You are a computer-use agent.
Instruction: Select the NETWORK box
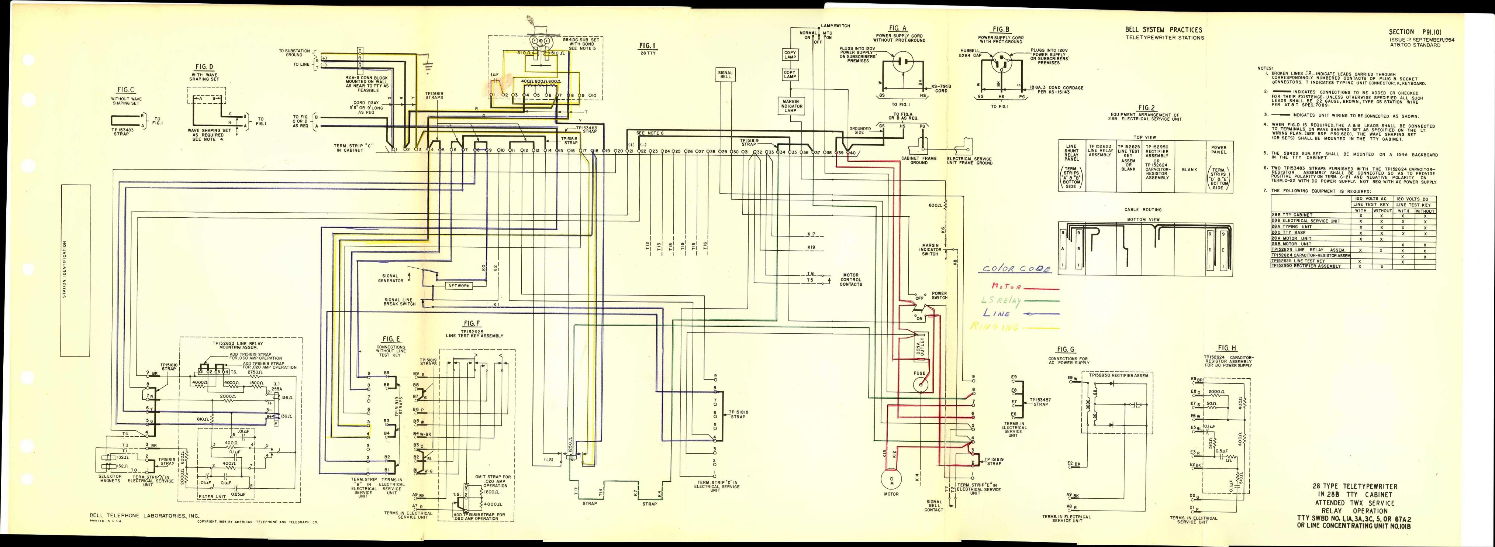[459, 286]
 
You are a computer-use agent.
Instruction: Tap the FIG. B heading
[1001, 29]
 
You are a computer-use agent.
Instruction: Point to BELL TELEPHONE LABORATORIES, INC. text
[145, 515]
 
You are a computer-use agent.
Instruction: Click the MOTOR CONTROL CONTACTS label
[851, 279]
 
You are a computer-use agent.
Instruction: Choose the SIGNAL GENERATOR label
[391, 278]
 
